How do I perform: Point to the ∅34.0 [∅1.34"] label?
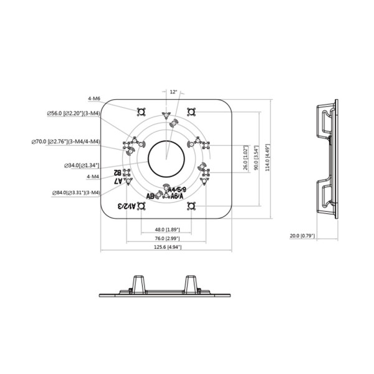click(82, 166)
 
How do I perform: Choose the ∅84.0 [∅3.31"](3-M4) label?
click(76, 193)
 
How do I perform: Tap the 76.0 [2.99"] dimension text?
click(166, 238)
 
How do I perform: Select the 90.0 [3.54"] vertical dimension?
click(256, 158)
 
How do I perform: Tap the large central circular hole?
click(166, 158)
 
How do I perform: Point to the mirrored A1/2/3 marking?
click(128, 205)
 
